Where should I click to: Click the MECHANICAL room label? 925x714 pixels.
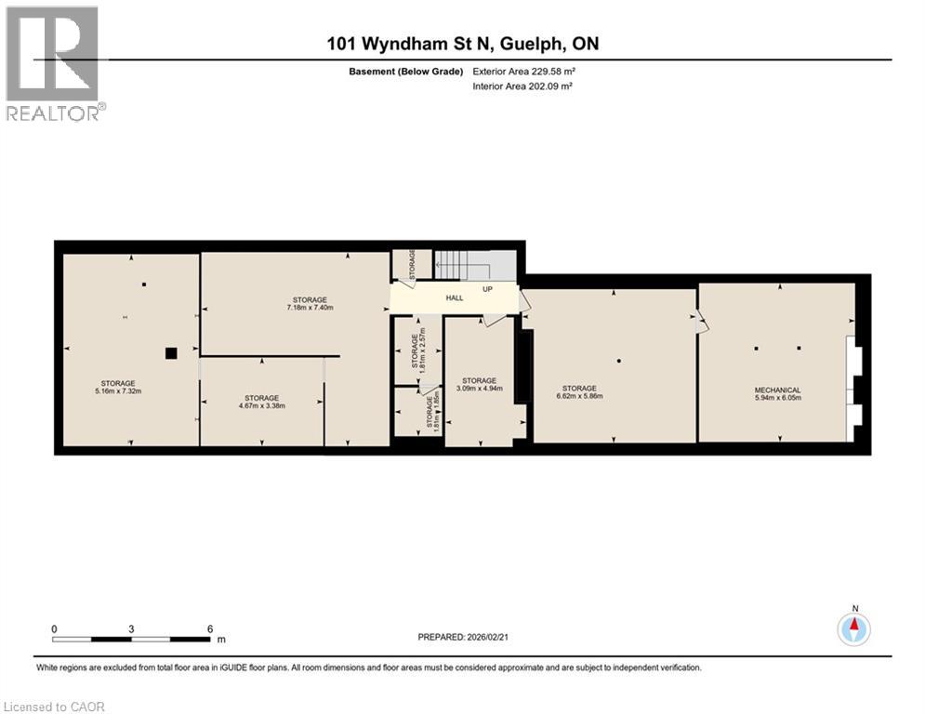click(x=777, y=390)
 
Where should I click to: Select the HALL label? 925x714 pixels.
click(x=454, y=297)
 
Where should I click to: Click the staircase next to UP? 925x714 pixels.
click(x=462, y=264)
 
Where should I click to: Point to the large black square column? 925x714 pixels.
click(x=171, y=352)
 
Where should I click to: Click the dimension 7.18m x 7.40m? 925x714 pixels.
click(x=310, y=307)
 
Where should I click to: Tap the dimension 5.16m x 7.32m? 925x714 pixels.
click(x=118, y=391)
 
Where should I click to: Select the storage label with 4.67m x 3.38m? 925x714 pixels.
click(x=262, y=398)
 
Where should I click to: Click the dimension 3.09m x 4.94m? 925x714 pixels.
click(x=480, y=389)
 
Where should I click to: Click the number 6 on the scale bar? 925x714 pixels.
click(x=210, y=628)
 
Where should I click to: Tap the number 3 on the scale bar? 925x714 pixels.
click(x=132, y=628)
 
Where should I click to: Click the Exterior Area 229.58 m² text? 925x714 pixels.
click(x=532, y=71)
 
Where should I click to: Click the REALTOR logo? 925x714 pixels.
click(x=54, y=63)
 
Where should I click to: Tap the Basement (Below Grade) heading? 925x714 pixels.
click(x=410, y=71)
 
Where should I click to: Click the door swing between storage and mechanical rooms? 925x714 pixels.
click(x=702, y=321)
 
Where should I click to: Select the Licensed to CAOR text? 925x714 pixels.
click(x=56, y=707)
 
